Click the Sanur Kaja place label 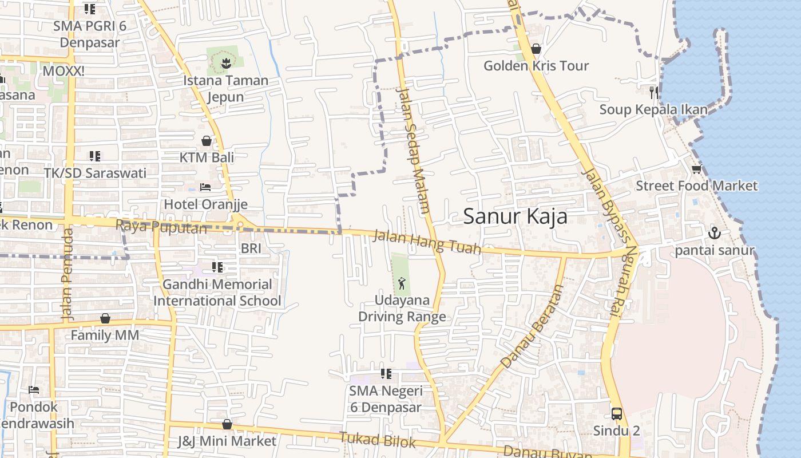(515, 216)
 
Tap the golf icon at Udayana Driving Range (402, 282)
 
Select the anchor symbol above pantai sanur (714, 233)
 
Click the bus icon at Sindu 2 (616, 413)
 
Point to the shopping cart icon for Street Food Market (696, 169)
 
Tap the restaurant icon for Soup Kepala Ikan (653, 92)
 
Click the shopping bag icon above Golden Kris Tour (536, 49)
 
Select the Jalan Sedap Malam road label (413, 150)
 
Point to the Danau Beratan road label (532, 327)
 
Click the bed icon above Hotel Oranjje (205, 187)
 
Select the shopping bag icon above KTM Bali (207, 140)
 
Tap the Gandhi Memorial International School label (217, 292)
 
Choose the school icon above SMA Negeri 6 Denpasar (386, 374)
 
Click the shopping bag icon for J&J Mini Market (227, 424)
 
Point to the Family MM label (105, 335)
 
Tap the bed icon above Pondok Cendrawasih (34, 390)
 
